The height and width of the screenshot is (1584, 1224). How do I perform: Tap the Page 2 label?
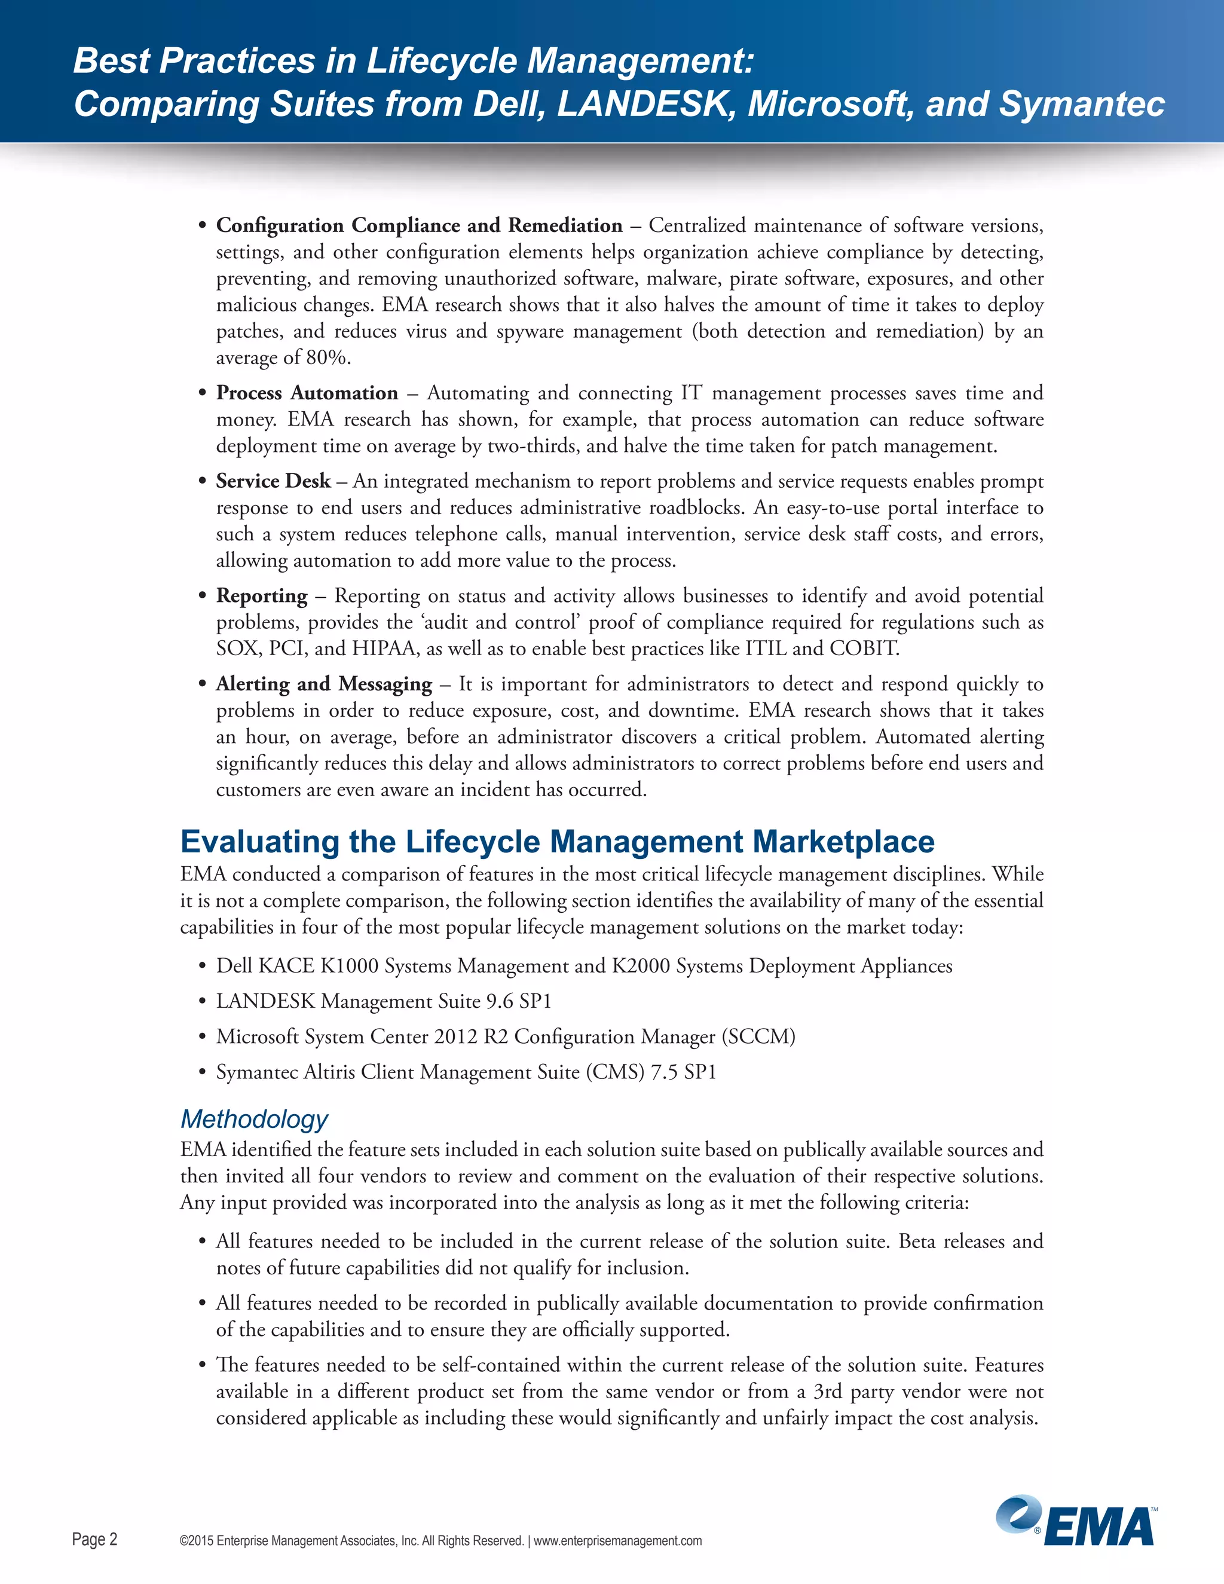coord(94,1539)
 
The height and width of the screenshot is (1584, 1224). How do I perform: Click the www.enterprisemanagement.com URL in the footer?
coord(618,1540)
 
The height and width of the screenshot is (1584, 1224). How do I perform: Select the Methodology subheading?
coord(254,1118)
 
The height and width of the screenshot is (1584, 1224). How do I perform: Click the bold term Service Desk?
coord(273,481)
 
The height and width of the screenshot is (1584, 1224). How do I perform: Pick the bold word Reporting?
coord(262,595)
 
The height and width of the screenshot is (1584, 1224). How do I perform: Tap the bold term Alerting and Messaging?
coord(323,683)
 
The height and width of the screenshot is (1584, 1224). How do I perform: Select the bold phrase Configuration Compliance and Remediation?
coord(419,225)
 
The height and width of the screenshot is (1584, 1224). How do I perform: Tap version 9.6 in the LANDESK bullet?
coord(500,1002)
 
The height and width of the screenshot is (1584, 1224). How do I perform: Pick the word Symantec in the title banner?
coord(1081,104)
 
